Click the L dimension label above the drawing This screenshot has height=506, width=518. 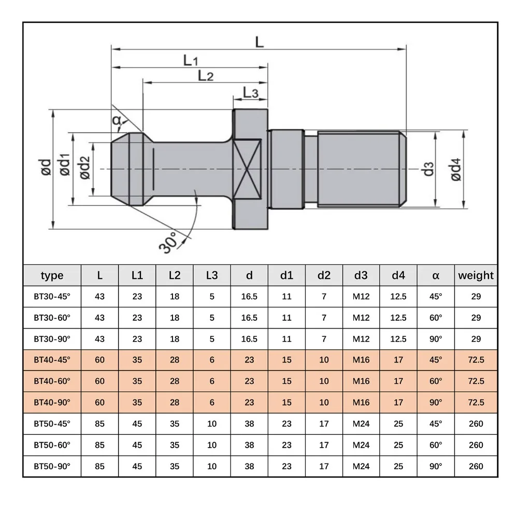point(260,42)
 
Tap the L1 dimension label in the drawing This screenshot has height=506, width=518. point(190,61)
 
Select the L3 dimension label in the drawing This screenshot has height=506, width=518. point(250,93)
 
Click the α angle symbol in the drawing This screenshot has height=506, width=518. point(116,121)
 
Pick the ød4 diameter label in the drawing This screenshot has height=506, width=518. point(456,169)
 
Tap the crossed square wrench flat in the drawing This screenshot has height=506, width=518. point(247,169)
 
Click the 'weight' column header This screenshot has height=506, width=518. point(476,275)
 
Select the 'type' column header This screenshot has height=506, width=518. point(52,276)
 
